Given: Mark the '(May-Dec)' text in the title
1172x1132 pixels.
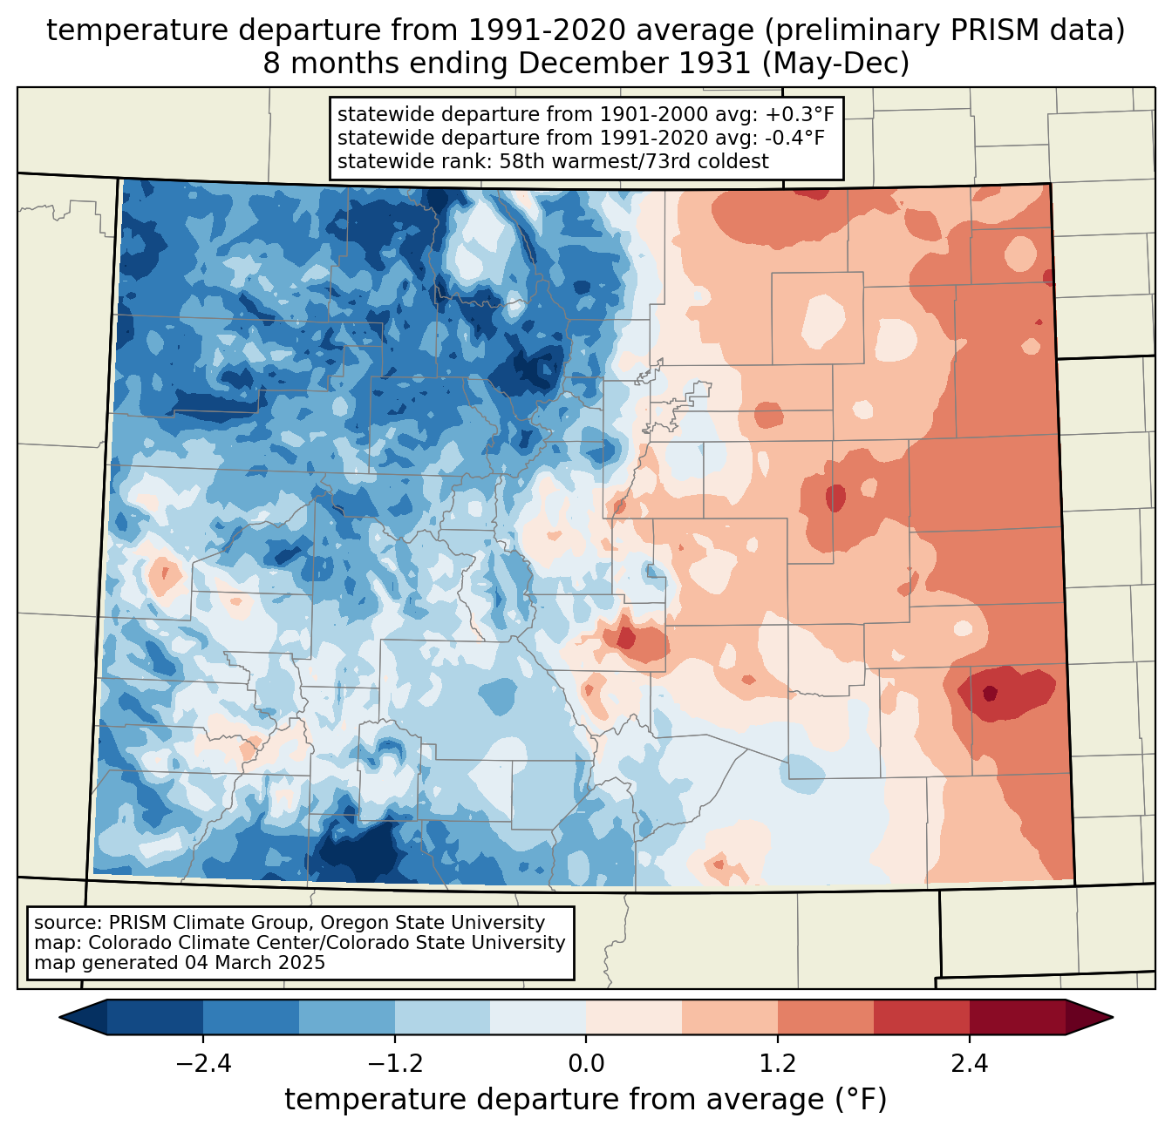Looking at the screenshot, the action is tap(835, 64).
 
